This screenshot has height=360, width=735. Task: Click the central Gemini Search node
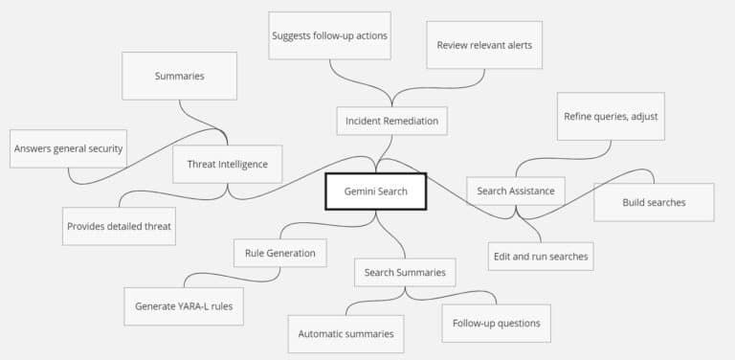click(x=375, y=191)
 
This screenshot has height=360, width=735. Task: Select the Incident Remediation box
click(x=391, y=121)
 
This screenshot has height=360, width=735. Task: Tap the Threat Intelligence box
click(x=228, y=164)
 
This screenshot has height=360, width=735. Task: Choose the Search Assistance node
click(x=515, y=191)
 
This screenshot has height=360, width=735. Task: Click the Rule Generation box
click(x=280, y=253)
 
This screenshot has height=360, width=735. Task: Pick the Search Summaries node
click(x=405, y=272)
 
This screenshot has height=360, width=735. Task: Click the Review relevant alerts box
click(x=483, y=45)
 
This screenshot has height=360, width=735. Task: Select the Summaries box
click(x=179, y=76)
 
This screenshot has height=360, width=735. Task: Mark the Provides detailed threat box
click(x=120, y=226)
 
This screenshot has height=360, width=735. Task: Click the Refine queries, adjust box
click(x=610, y=117)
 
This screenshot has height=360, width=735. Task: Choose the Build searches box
click(x=654, y=202)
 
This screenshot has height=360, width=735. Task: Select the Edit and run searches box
click(x=541, y=257)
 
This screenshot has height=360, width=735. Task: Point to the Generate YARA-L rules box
click(x=183, y=306)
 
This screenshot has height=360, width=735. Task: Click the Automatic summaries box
click(x=345, y=333)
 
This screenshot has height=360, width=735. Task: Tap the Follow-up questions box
click(x=497, y=323)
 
